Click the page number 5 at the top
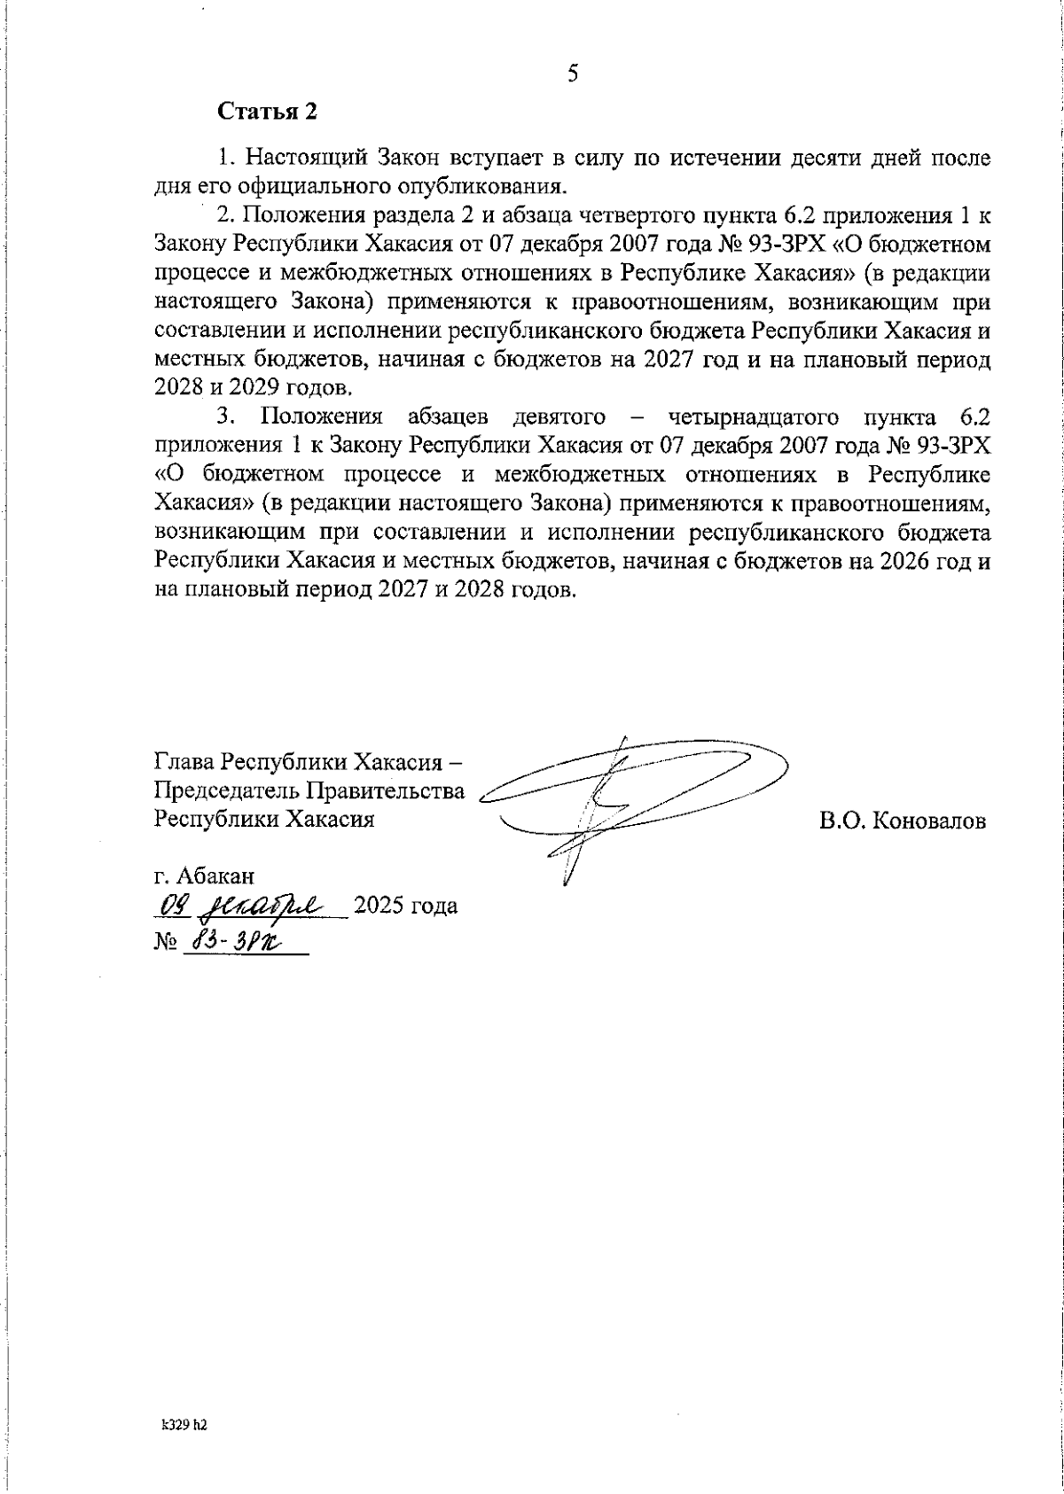pyautogui.click(x=573, y=74)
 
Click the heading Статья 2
pyautogui.click(x=266, y=113)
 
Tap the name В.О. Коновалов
pyautogui.click(x=902, y=821)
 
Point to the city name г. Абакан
pyautogui.click(x=204, y=876)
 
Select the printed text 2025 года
pyautogui.click(x=405, y=907)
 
